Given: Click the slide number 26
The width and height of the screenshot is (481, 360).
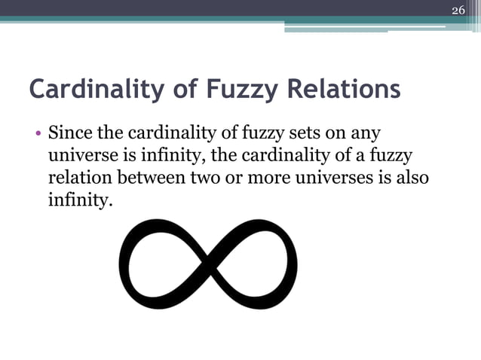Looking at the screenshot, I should point(458,10).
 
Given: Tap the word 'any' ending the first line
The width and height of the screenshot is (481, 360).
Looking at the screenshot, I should point(363,136).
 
